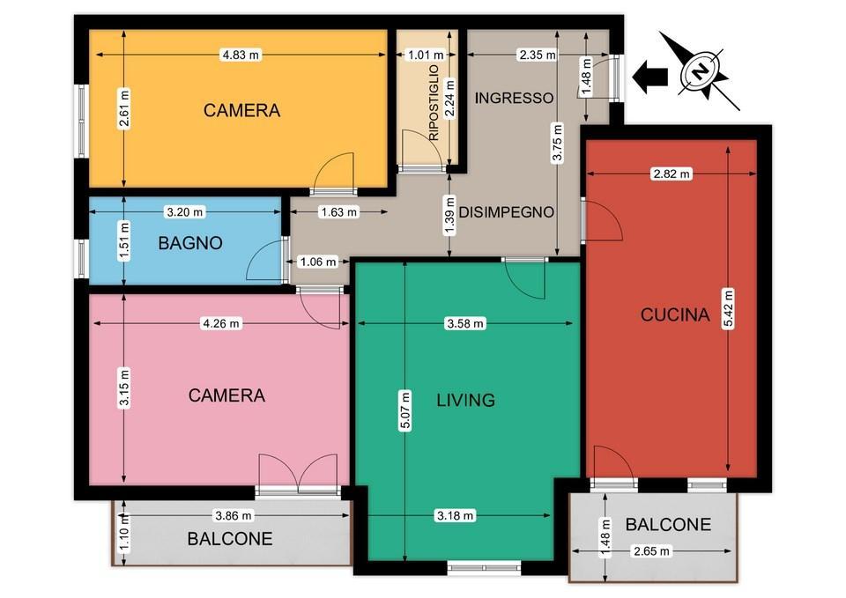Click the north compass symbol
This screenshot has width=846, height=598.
[700, 70]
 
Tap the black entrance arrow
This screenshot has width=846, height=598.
[649, 76]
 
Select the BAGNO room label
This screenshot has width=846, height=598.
[190, 243]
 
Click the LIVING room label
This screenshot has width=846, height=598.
[465, 400]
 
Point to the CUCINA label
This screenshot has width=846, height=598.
[674, 314]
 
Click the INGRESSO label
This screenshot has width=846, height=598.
[514, 98]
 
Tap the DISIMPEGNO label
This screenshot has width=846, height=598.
[506, 212]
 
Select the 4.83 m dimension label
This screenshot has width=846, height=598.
[241, 55]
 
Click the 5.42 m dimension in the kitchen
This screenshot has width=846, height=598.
[728, 309]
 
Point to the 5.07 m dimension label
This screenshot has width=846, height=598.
[405, 410]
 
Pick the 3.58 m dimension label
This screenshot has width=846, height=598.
[465, 323]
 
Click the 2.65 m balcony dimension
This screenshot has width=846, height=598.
[651, 551]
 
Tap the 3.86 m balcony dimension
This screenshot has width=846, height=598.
[234, 515]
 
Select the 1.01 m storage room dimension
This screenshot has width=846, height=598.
[426, 55]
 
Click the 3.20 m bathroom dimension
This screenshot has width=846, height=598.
[184, 212]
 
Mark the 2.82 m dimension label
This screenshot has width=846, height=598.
[672, 173]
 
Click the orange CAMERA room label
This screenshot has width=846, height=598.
[241, 111]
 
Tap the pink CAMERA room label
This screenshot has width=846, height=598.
[226, 395]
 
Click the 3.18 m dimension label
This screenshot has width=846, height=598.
[456, 515]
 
